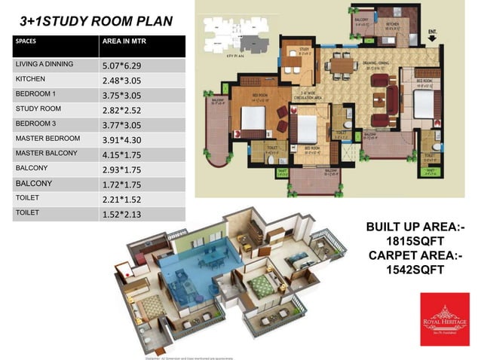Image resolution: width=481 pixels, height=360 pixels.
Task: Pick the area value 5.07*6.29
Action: click(x=125, y=66)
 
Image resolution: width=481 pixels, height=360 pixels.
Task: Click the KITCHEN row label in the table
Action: click(x=30, y=79)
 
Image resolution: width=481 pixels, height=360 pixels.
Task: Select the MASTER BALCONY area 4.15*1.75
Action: click(x=125, y=154)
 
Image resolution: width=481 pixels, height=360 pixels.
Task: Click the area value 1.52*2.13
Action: click(x=125, y=215)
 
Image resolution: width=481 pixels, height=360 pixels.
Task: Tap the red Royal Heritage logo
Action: click(x=444, y=321)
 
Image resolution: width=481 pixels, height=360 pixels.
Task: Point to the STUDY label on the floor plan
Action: click(x=293, y=50)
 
